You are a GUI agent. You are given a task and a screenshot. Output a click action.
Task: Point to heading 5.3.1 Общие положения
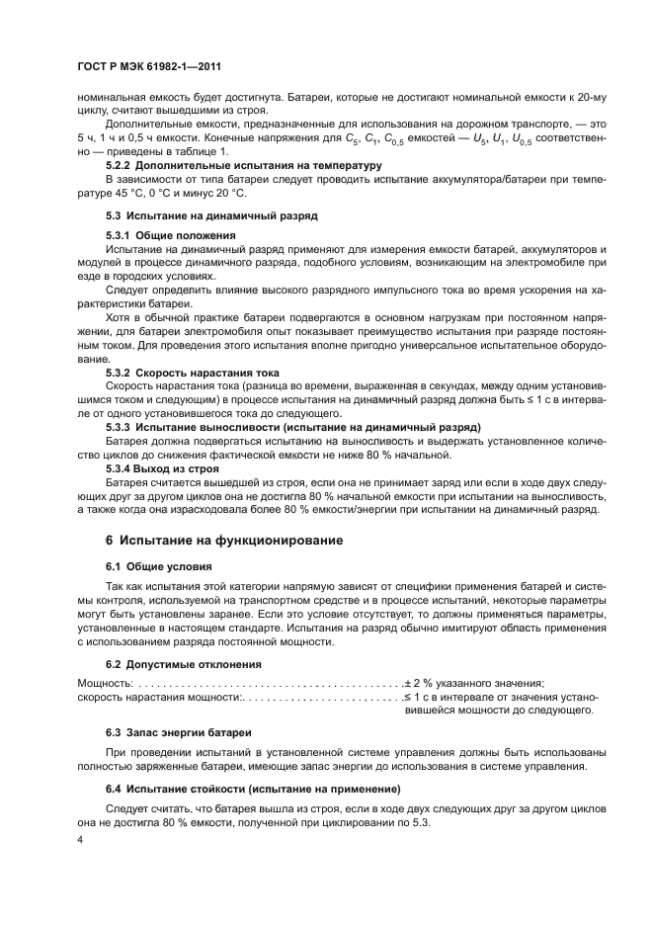coord(170,236)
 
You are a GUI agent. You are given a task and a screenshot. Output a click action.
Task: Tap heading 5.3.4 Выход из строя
coord(163,466)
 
